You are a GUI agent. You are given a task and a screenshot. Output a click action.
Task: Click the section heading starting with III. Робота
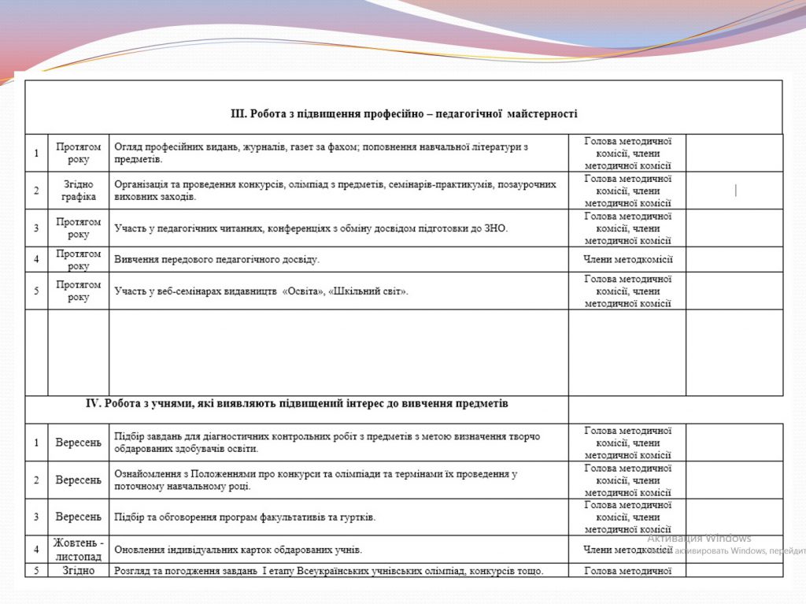pos(404,113)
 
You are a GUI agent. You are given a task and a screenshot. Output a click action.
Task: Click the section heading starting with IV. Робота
pos(297,403)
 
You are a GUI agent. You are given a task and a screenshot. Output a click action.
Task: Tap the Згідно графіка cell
pos(79,191)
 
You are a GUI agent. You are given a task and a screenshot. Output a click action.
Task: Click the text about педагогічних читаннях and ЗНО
pos(312,228)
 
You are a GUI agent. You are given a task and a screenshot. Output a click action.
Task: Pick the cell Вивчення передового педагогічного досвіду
pos(217,259)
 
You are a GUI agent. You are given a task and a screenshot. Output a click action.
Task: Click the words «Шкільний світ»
pos(368,291)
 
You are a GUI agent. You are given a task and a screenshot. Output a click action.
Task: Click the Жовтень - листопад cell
pos(79,549)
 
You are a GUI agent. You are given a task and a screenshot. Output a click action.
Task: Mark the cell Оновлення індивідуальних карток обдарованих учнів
pos(238,549)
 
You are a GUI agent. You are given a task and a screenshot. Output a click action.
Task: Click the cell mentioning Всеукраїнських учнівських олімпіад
pos(329,570)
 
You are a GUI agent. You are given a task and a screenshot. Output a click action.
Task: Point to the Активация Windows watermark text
pos(699,539)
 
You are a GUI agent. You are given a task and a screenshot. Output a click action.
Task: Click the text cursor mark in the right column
pos(735,190)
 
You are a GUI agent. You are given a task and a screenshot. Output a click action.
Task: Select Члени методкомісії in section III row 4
pos(627,259)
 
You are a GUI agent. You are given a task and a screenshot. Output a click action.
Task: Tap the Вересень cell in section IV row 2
pos(79,480)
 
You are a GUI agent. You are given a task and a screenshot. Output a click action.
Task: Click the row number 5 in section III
pos(36,291)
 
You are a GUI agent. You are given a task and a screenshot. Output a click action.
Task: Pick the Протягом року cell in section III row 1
pos(79,153)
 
